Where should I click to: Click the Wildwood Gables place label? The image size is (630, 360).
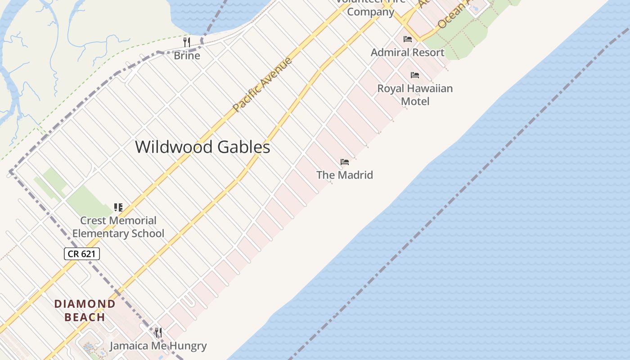point(202,147)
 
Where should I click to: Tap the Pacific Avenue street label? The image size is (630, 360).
point(262,84)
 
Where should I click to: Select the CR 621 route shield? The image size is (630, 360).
point(81,254)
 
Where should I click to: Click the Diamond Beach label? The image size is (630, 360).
point(85,310)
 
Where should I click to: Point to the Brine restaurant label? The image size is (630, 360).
point(187,55)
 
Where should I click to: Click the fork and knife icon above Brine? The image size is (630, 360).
point(187,42)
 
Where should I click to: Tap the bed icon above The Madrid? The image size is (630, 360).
point(345,162)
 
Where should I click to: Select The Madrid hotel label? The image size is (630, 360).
point(345,175)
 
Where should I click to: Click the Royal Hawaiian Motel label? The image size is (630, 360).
point(415,94)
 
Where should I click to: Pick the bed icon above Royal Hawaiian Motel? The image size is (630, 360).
point(415,75)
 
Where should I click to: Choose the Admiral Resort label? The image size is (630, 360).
point(407,52)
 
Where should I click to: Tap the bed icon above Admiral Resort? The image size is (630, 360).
point(408,39)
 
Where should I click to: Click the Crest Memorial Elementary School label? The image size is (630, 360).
point(118,227)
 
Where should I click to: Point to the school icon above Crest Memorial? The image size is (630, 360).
point(118,207)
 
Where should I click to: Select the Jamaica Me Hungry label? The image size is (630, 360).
point(158,346)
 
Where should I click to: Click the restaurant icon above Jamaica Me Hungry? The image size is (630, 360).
point(158,333)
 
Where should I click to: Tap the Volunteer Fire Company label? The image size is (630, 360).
point(370,8)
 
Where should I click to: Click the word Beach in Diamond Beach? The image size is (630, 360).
point(85,317)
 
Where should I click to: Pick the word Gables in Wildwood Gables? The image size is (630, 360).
point(243,147)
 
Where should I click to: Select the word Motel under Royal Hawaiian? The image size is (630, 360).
point(415,101)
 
